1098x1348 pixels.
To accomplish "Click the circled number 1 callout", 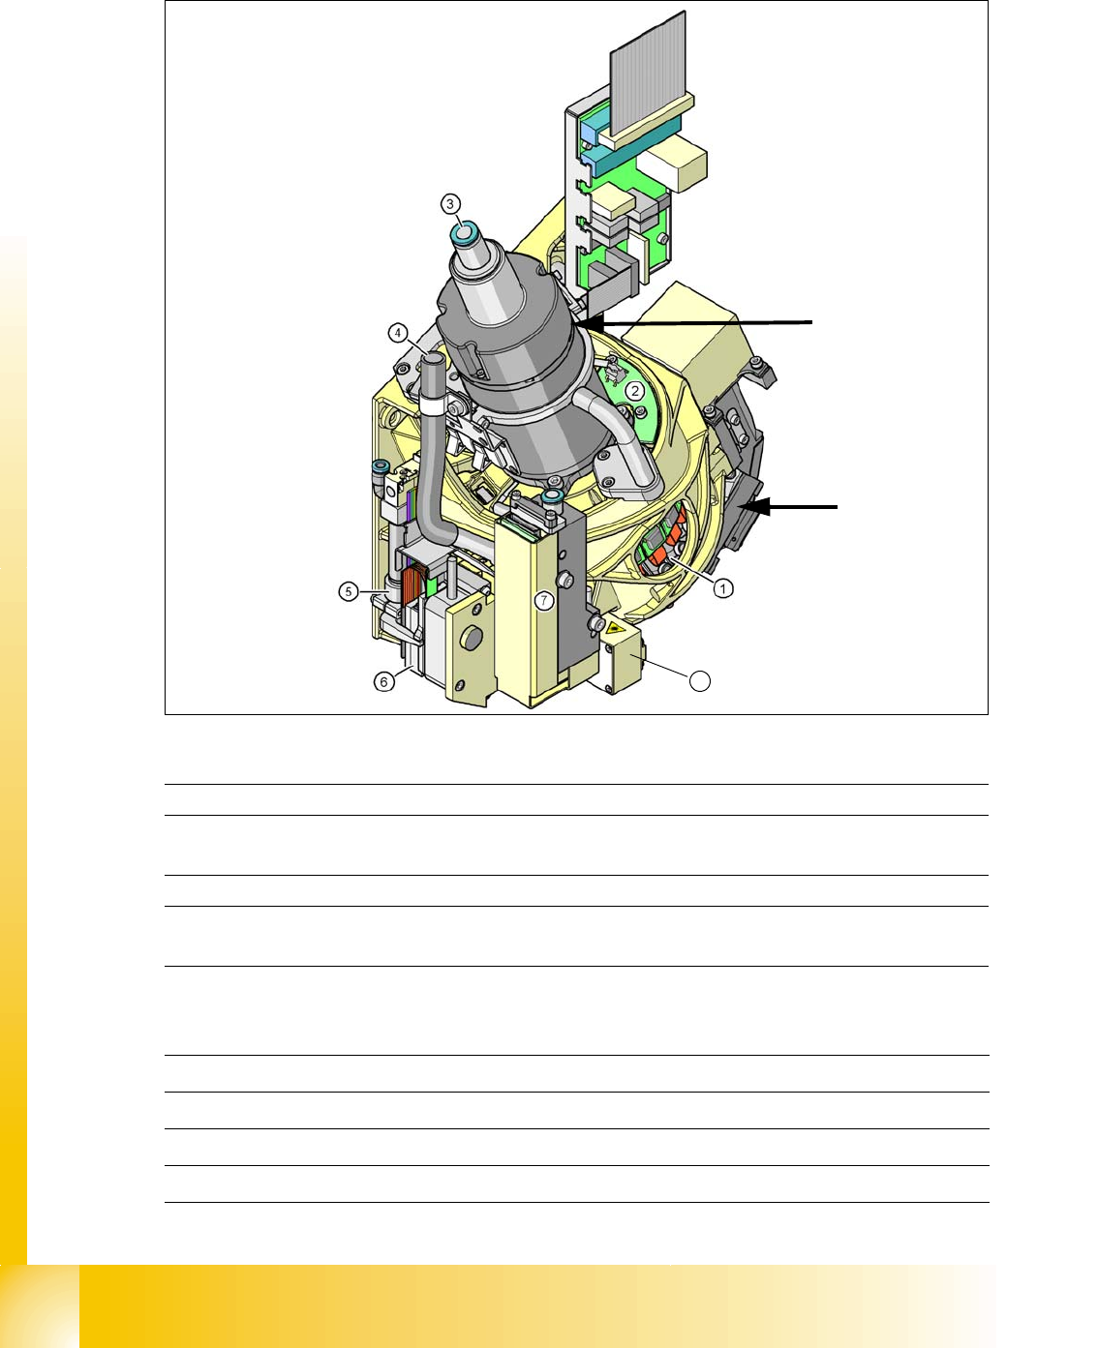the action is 723,588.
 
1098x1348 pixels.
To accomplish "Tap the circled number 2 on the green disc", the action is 635,391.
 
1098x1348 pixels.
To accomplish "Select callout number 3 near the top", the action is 450,204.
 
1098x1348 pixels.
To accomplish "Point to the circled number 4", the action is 398,333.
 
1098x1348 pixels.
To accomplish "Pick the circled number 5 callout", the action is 349,591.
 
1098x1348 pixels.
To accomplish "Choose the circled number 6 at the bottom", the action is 383,682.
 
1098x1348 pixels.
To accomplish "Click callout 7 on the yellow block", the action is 544,600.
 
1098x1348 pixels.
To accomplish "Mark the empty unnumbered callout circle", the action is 700,681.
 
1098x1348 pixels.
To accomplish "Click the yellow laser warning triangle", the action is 612,628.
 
